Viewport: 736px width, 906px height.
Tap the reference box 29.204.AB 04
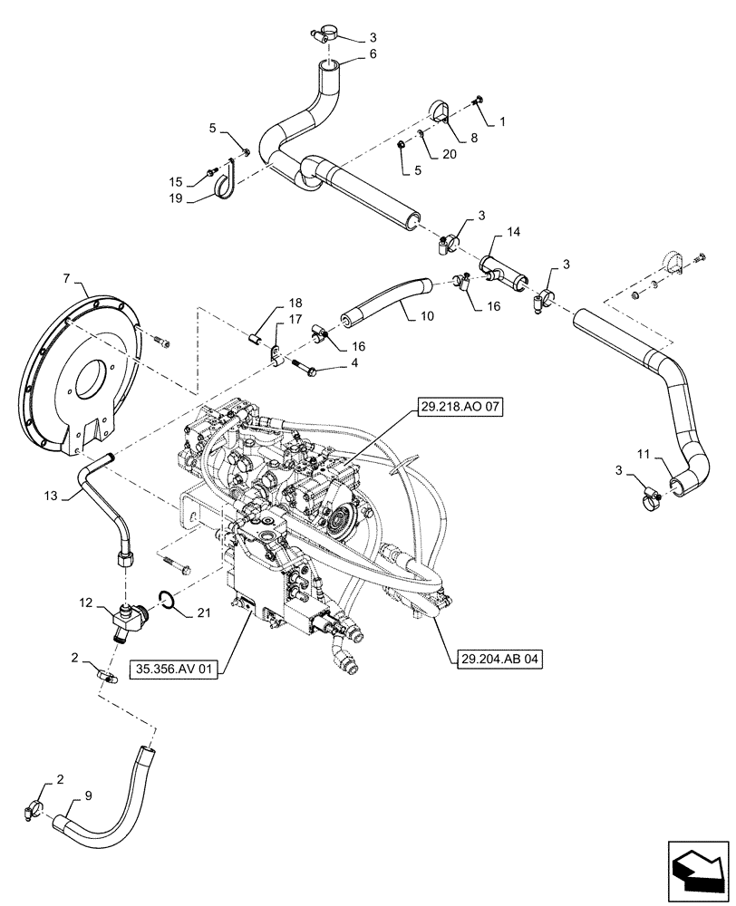[494, 660]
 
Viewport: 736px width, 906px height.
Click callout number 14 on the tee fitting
[514, 233]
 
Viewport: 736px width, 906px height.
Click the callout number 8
[474, 140]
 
